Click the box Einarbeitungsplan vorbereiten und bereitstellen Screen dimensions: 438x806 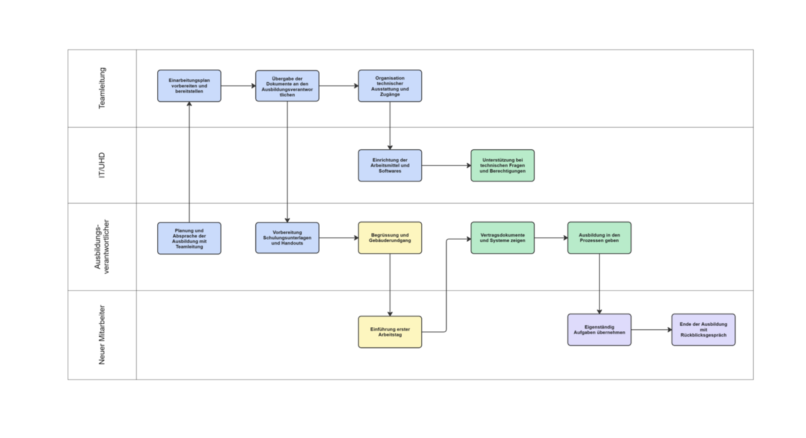(x=189, y=86)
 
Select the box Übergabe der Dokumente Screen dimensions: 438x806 (x=287, y=86)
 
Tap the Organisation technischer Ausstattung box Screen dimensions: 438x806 (x=390, y=86)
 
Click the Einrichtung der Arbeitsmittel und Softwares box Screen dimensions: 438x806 (x=390, y=165)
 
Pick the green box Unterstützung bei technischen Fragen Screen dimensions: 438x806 (x=502, y=165)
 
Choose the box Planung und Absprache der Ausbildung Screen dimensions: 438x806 (x=189, y=238)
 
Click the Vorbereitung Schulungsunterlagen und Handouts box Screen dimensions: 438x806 (x=287, y=238)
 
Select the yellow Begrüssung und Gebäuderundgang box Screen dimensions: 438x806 (x=390, y=238)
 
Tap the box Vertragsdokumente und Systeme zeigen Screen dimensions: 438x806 (x=502, y=238)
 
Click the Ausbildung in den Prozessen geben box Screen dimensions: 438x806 (x=599, y=238)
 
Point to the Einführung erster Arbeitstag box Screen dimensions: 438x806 (x=390, y=332)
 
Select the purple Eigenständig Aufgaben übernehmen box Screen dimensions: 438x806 (x=599, y=329)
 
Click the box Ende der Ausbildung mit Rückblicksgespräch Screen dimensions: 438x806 (x=703, y=329)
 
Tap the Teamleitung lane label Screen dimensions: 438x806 (x=103, y=88)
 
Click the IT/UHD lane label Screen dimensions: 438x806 (x=103, y=165)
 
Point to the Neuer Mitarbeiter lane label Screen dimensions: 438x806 (x=103, y=335)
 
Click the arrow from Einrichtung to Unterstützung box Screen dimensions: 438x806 (x=446, y=165)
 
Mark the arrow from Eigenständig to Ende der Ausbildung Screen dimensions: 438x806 (x=651, y=330)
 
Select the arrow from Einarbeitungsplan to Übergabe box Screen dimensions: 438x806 (x=238, y=86)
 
